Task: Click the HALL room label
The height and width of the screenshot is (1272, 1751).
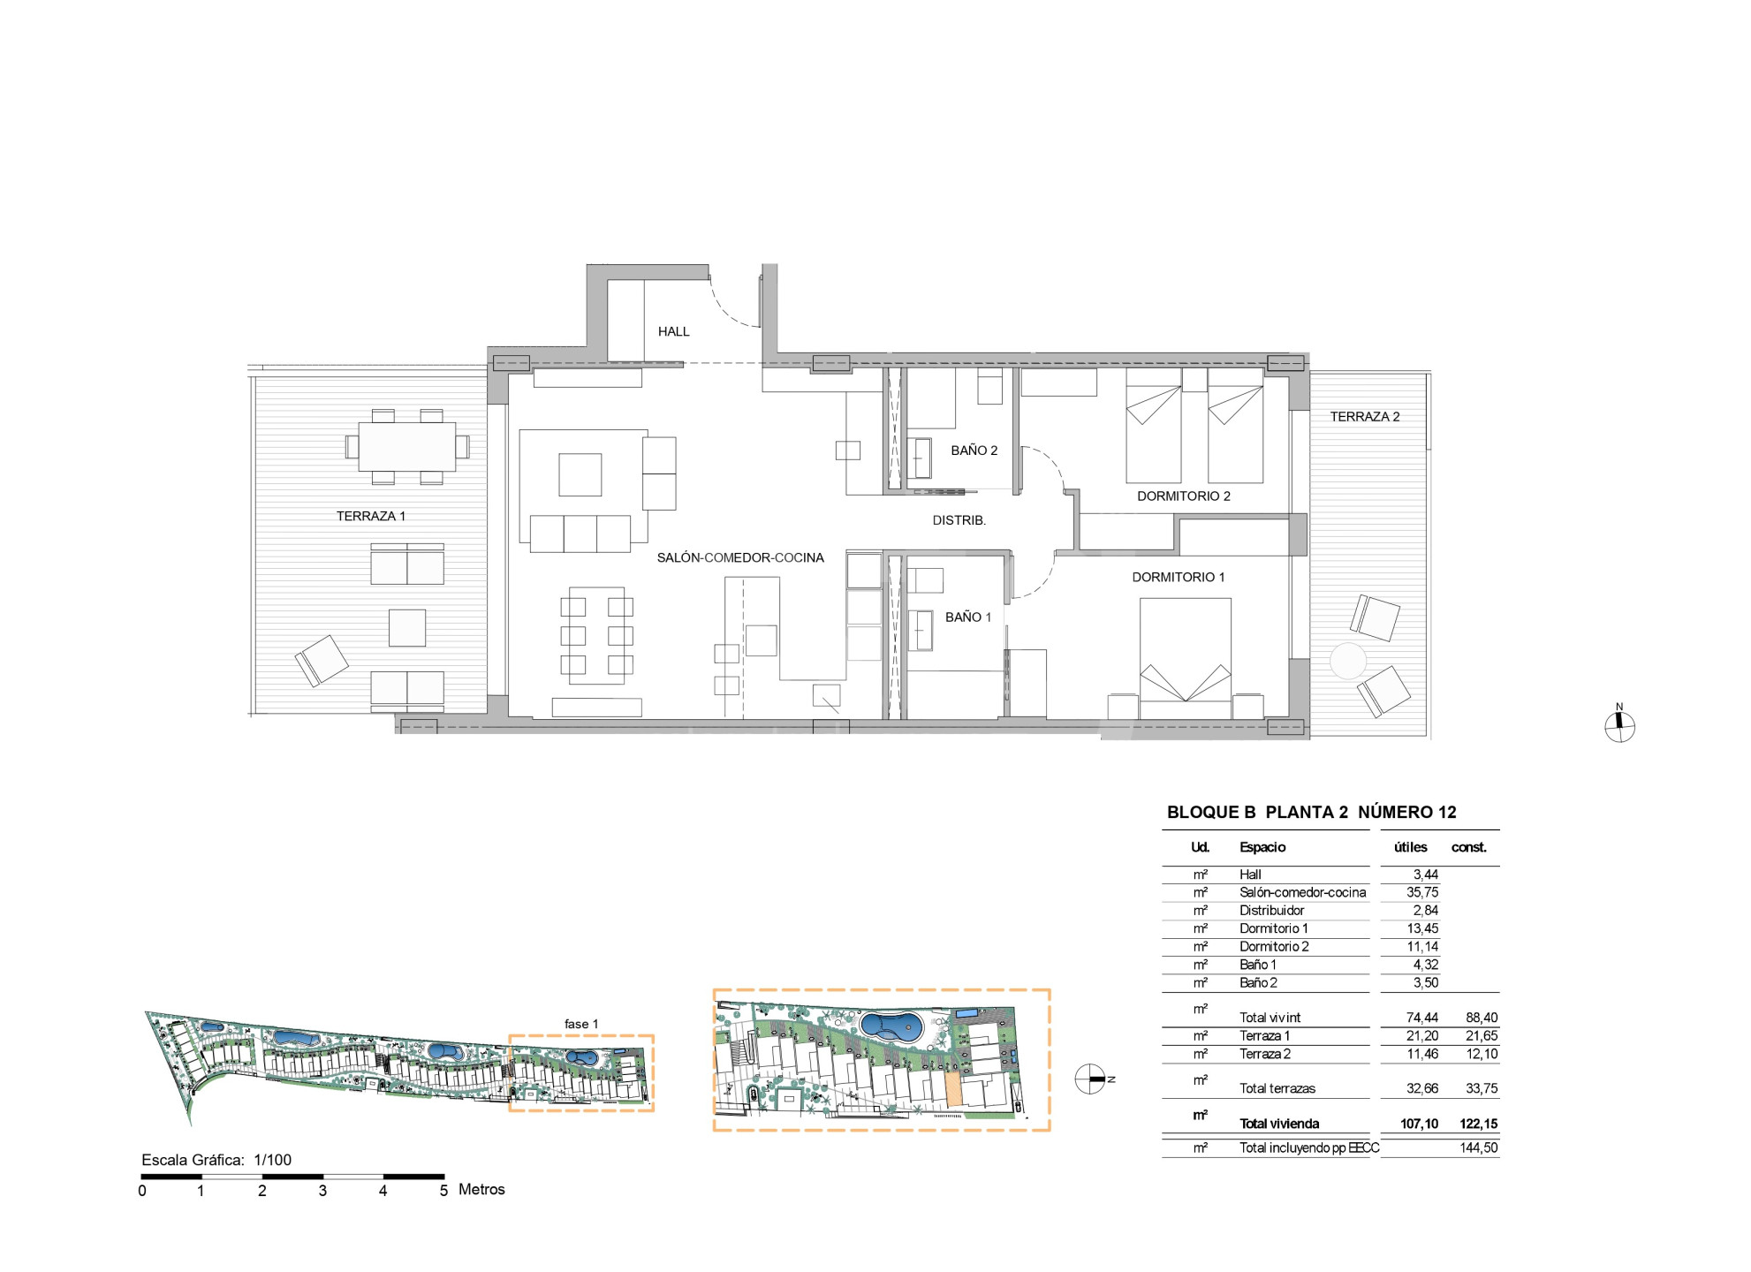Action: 673,331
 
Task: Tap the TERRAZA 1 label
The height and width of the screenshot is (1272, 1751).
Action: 371,516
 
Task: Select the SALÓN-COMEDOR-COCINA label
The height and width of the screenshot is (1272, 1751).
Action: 740,557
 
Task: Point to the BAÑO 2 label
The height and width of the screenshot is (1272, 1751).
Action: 974,450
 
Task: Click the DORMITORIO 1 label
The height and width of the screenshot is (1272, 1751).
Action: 1179,577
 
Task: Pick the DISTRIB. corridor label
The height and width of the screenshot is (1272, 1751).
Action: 959,520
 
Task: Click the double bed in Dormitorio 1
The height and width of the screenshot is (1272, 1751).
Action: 1186,658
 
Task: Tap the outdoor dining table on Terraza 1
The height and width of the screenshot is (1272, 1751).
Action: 407,447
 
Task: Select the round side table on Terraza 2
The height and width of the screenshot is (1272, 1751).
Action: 1348,661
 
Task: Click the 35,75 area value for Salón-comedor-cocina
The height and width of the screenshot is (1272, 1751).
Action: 1422,892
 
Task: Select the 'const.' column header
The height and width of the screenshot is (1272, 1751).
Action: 1469,847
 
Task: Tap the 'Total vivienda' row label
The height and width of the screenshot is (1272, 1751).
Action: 1279,1124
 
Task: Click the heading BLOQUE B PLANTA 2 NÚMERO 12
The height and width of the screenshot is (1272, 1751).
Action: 1312,812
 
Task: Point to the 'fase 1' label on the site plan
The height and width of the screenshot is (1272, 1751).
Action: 581,1024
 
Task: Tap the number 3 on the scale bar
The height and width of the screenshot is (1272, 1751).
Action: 322,1191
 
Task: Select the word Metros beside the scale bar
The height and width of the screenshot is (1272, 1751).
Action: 481,1190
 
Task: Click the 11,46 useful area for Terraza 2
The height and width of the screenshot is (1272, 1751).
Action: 1422,1054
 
